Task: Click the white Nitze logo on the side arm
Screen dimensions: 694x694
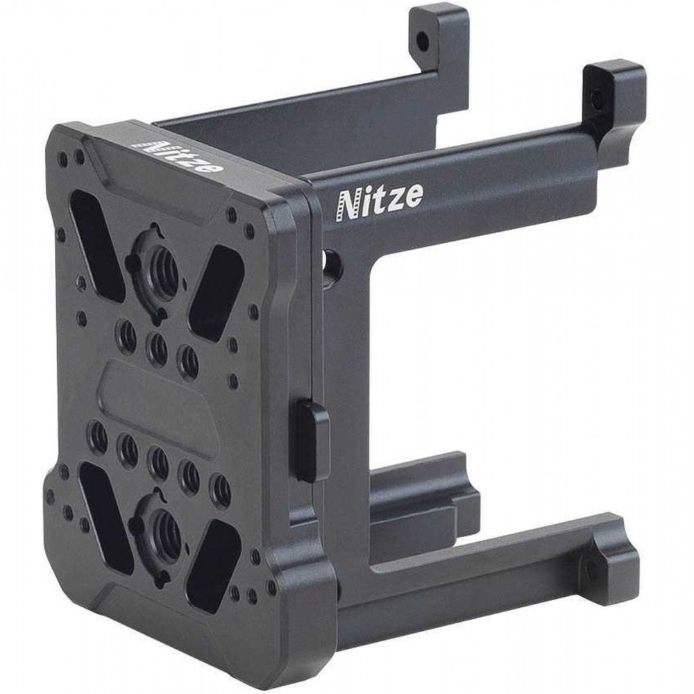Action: [x=380, y=201]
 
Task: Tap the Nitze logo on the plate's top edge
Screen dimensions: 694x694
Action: [x=181, y=156]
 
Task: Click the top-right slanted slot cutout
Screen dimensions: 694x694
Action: [x=216, y=293]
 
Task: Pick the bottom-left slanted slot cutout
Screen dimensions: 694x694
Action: [x=106, y=518]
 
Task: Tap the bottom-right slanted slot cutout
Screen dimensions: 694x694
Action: [x=213, y=566]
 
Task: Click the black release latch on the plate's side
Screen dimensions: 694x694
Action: [x=311, y=439]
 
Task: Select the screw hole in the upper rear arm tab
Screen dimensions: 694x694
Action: [x=423, y=42]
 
